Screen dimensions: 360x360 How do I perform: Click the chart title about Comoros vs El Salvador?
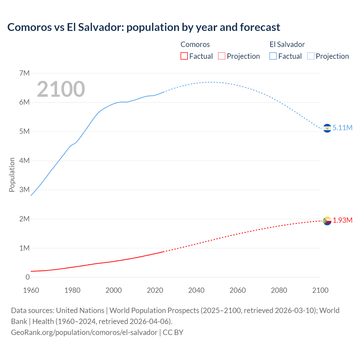coord(144,27)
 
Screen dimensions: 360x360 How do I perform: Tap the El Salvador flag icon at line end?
coord(327,128)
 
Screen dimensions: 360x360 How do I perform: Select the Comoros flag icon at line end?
coord(327,221)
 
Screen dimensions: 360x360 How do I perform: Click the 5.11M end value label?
coord(342,128)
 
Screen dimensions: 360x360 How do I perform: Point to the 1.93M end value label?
coord(343,220)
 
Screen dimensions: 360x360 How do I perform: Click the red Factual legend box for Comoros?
coord(184,56)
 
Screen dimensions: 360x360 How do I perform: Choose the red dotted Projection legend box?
coord(222,56)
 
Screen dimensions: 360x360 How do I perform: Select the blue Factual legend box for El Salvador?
coord(273,56)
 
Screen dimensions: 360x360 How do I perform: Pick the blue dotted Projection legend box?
coord(310,56)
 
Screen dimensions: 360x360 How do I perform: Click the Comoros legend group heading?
coord(195,44)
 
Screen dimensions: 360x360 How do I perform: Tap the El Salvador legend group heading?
coord(287,44)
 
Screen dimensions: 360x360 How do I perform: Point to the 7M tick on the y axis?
coord(24,73)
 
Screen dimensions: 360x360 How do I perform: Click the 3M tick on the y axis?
coord(24,190)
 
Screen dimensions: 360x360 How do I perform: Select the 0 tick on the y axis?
coord(28,277)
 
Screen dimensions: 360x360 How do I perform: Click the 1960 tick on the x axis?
coord(31,290)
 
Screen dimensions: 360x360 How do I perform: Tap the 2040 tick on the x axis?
coord(196,290)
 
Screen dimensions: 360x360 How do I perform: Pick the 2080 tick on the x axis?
coord(279,290)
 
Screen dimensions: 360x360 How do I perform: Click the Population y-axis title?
coord(12,175)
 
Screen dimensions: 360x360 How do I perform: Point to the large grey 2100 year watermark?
coord(61,89)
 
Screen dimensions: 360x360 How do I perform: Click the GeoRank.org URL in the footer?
coord(84,332)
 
